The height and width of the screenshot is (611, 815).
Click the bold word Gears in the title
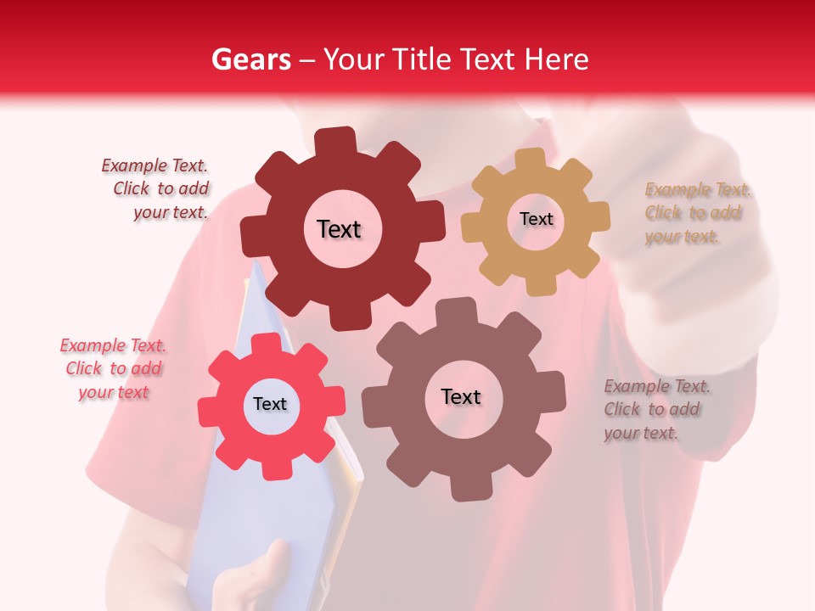coord(250,59)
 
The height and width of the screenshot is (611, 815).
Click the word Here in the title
coord(556,59)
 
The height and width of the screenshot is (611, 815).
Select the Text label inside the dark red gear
coord(339,229)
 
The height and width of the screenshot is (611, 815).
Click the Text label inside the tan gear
coord(536,219)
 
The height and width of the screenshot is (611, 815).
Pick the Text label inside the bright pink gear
coord(270,404)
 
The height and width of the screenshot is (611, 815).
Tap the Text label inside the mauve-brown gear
coord(461,396)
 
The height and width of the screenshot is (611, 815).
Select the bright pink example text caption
coord(113,369)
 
